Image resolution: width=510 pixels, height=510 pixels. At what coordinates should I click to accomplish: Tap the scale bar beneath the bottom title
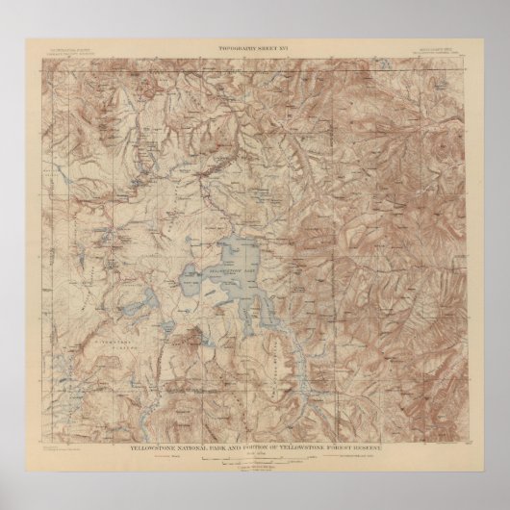point(255,434)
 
